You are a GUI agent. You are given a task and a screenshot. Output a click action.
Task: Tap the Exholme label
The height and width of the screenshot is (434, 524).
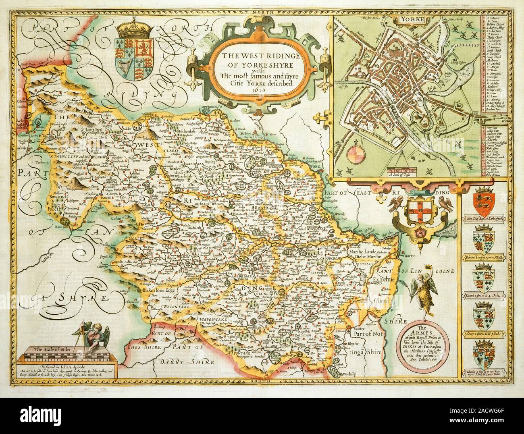pos(387,278)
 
